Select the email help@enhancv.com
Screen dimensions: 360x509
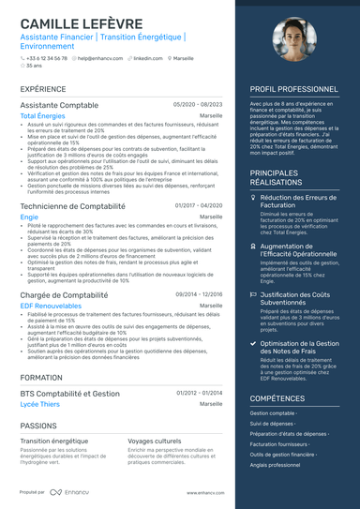click(x=97, y=58)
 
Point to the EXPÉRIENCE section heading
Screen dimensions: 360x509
click(x=43, y=89)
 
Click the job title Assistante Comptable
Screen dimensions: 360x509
click(x=58, y=106)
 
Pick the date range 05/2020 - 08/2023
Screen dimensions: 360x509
click(x=198, y=106)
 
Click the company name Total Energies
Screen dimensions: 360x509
click(x=49, y=116)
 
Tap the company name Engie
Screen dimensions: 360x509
click(x=29, y=217)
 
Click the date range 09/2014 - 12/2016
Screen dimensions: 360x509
click(x=198, y=294)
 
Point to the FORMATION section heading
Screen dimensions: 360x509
click(x=41, y=377)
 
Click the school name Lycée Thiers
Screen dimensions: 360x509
click(x=40, y=404)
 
